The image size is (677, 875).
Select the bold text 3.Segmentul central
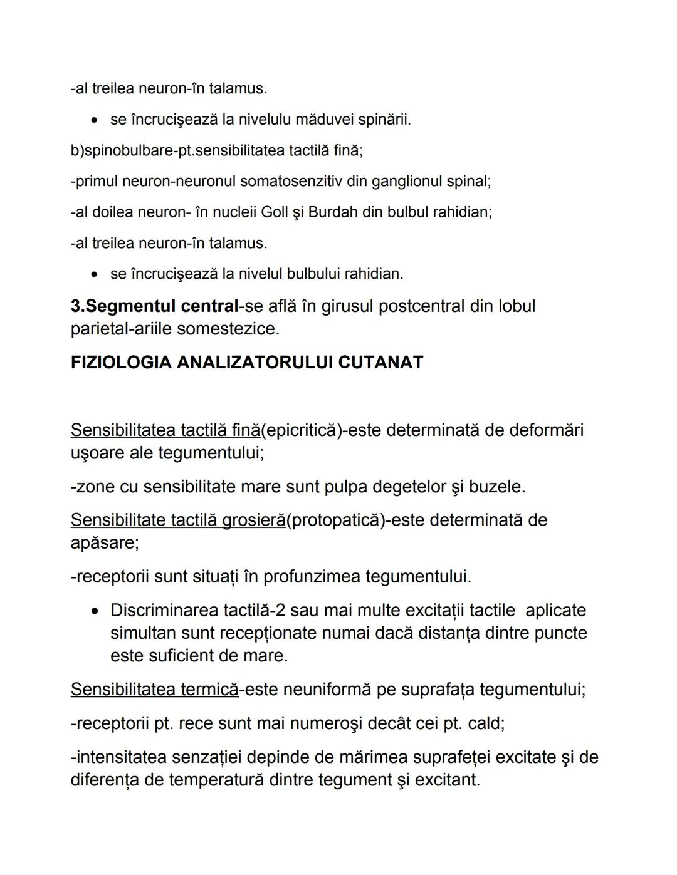point(154,306)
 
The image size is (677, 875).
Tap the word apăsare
point(103,543)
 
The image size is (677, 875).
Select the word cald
point(484,723)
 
